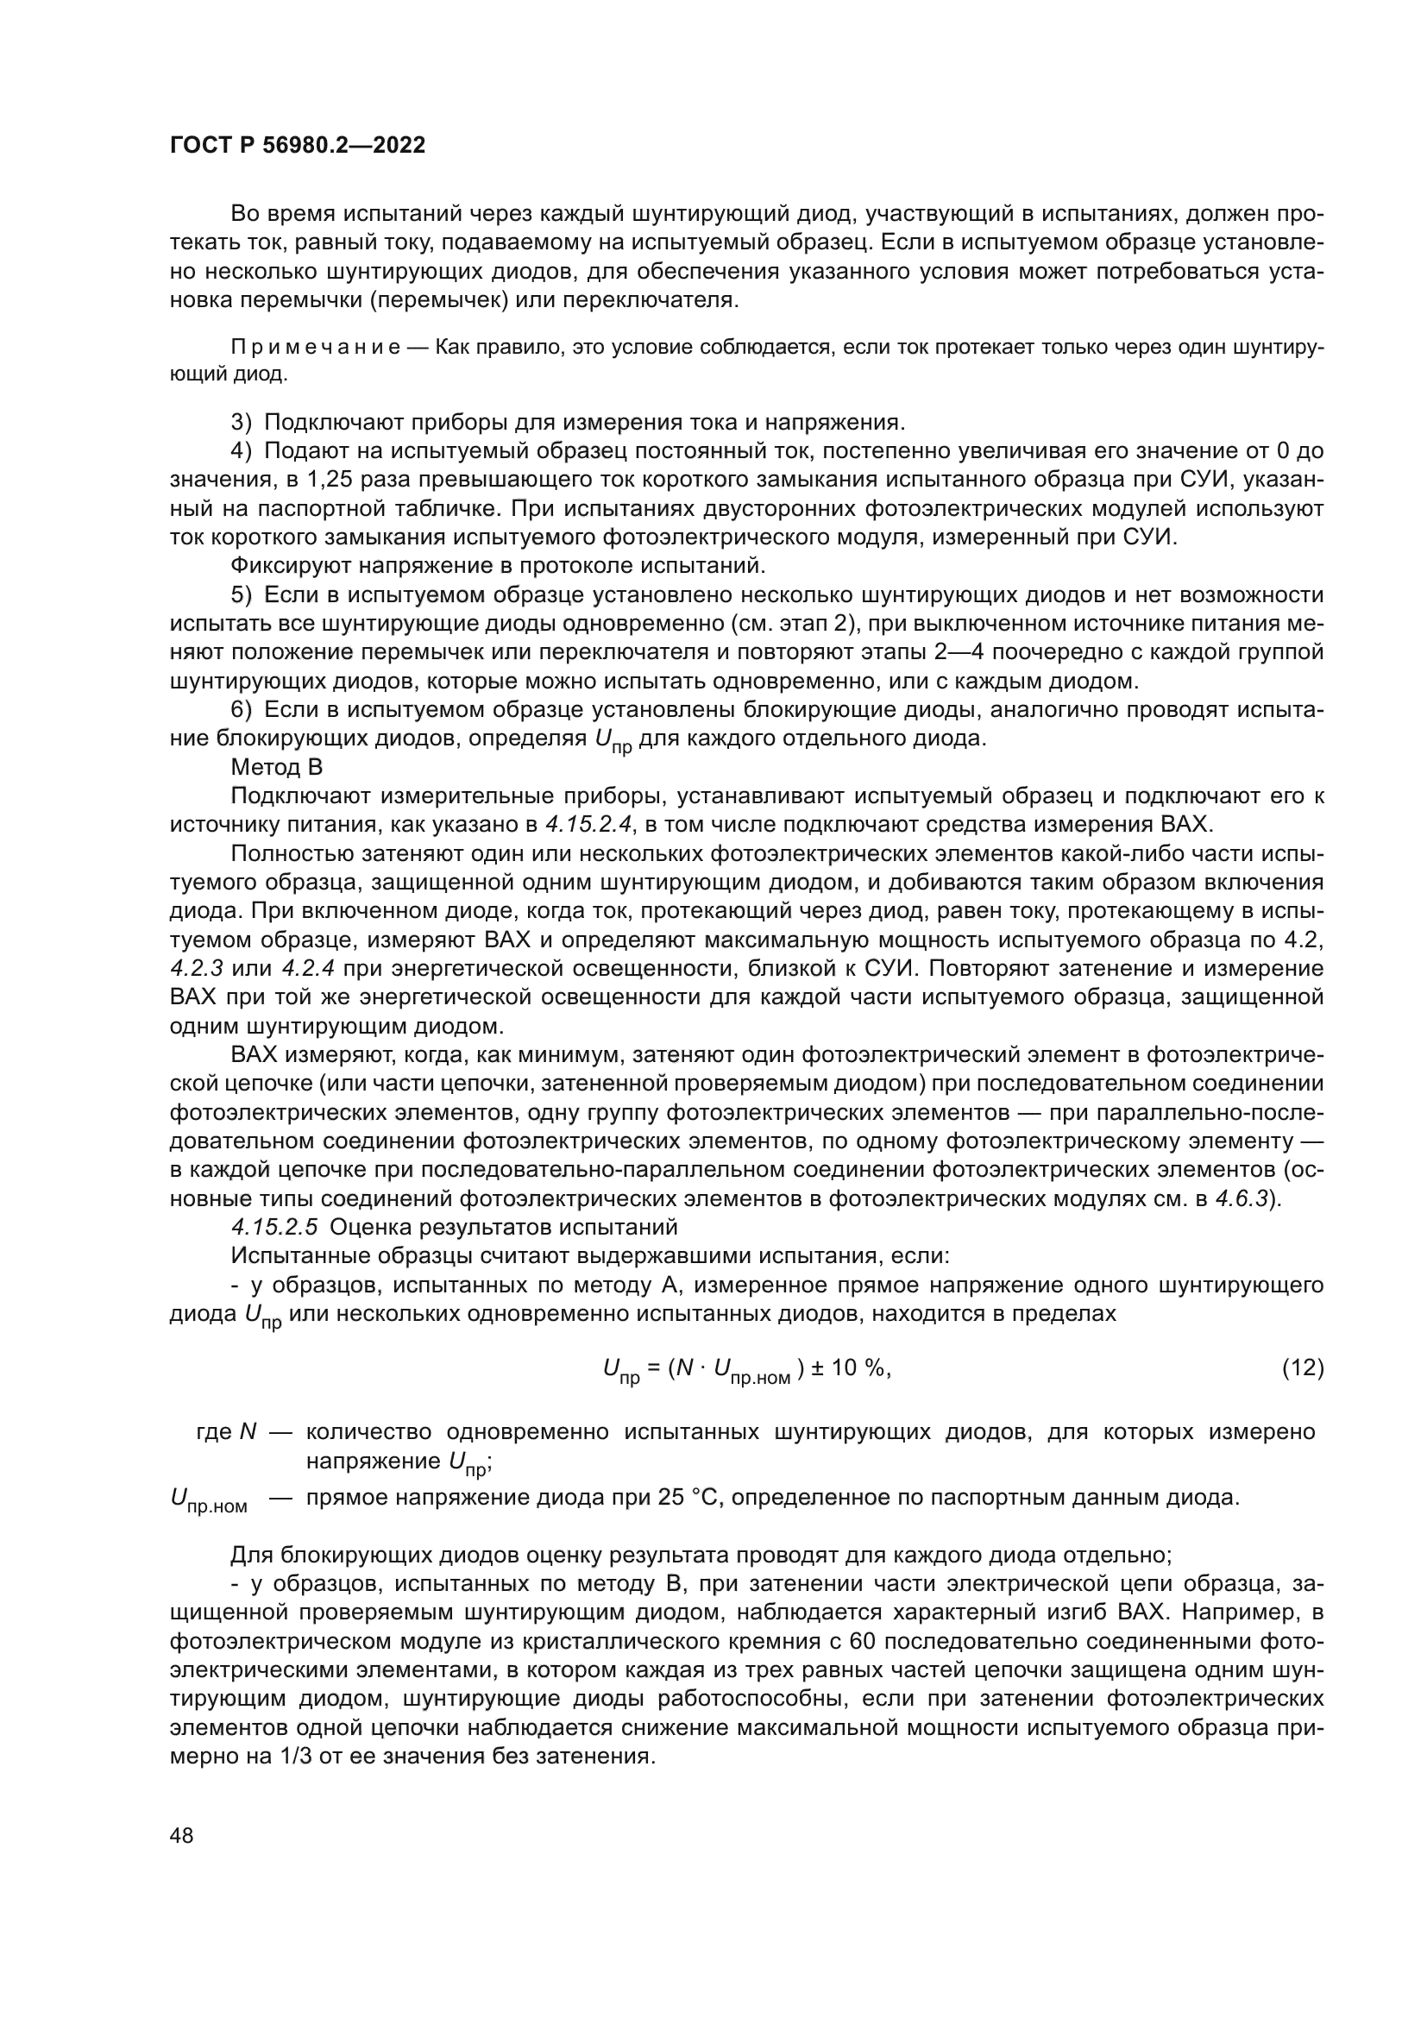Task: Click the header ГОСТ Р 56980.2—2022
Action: point(297,146)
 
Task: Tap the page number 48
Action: point(182,1835)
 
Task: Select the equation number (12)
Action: point(1302,1367)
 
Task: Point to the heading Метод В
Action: point(277,767)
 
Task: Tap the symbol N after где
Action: point(248,1432)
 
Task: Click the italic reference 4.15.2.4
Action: point(589,825)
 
